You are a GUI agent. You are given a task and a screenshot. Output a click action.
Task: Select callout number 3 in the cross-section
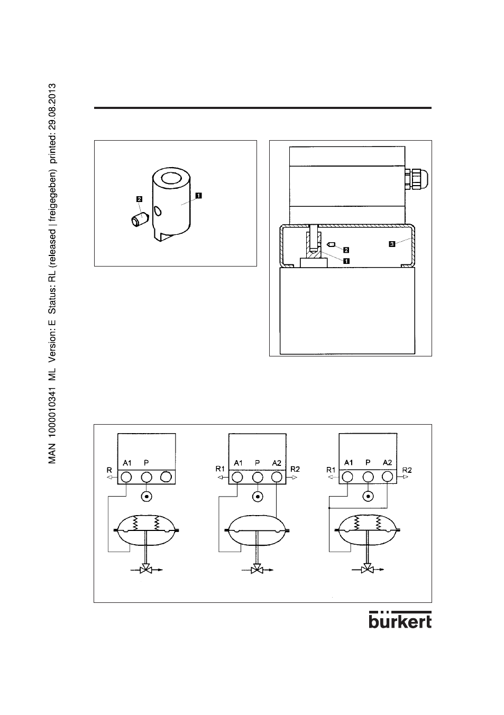click(x=391, y=244)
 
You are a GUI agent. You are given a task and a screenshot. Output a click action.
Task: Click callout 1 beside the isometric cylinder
click(x=198, y=195)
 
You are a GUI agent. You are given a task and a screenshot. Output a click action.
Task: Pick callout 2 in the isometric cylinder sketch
click(x=139, y=199)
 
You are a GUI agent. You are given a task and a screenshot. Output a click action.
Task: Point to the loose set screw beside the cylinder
click(x=139, y=219)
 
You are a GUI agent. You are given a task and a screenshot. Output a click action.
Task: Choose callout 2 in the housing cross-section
click(x=346, y=249)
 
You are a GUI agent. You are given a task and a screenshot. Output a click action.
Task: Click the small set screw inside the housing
click(x=332, y=245)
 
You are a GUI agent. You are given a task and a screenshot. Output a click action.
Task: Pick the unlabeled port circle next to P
click(x=166, y=477)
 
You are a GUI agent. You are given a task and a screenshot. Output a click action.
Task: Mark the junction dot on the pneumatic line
click(x=329, y=507)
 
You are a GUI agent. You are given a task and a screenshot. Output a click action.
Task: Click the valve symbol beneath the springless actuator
click(x=256, y=570)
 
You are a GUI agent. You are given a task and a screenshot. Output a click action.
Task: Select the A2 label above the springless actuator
click(x=277, y=463)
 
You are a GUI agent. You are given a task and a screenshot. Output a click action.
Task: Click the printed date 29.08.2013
click(x=52, y=109)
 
